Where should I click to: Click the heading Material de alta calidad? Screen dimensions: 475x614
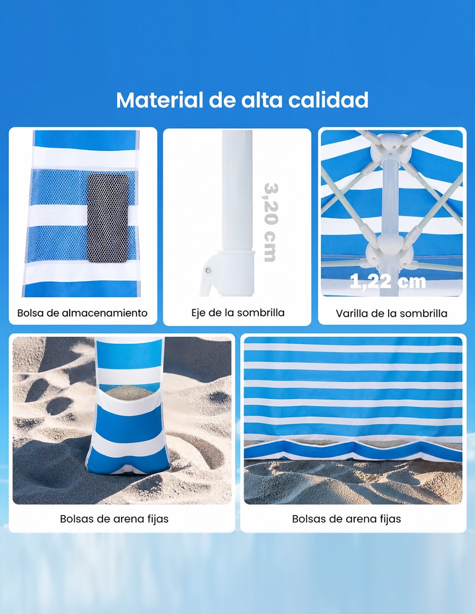(242, 100)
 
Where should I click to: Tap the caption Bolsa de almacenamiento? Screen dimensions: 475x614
(82, 313)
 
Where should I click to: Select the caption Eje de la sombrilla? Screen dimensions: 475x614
(238, 313)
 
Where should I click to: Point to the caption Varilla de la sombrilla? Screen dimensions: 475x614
(392, 313)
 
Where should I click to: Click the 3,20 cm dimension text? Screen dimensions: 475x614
(271, 222)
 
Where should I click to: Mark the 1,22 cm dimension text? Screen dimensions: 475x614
(388, 281)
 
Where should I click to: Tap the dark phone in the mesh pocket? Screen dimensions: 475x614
(108, 218)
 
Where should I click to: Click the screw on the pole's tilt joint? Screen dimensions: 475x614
(208, 270)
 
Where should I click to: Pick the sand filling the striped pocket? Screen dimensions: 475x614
(130, 392)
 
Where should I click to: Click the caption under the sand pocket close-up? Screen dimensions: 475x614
(114, 518)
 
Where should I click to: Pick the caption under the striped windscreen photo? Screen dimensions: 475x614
(346, 518)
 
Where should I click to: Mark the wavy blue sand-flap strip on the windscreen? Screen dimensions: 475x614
(353, 449)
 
